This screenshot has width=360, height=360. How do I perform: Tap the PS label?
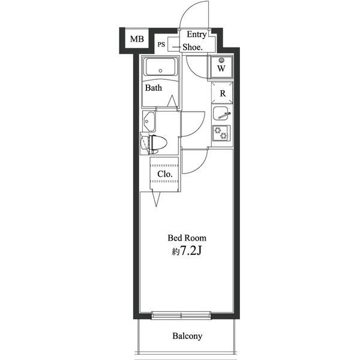pyautogui.click(x=161, y=44)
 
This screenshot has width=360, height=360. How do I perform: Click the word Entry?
pyautogui.click(x=197, y=34)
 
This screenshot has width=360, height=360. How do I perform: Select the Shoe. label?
pyautogui.click(x=193, y=47)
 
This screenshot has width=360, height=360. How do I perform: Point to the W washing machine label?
pyautogui.click(x=221, y=68)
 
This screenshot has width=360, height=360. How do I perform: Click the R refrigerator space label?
pyautogui.click(x=223, y=94)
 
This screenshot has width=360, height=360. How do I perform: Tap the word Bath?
pyautogui.click(x=154, y=88)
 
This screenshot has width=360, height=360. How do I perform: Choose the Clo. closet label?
pyautogui.click(x=165, y=174)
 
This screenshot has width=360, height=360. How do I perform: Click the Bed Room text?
pyautogui.click(x=187, y=238)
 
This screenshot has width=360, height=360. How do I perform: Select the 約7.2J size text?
pyautogui.click(x=187, y=251)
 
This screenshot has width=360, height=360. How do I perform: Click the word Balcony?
pyautogui.click(x=187, y=336)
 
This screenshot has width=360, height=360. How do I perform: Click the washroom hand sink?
pyautogui.click(x=149, y=121)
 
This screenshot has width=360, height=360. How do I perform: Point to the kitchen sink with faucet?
pyautogui.click(x=221, y=113)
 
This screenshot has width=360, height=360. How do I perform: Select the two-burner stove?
pyautogui.click(x=221, y=133)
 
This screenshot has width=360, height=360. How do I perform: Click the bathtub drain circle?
pyautogui.click(x=160, y=71)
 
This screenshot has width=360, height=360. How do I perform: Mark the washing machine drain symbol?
pyautogui.click(x=221, y=61)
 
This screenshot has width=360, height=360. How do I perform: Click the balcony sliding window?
pyautogui.click(x=181, y=315)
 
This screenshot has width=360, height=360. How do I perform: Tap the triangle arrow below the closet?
pyautogui.click(x=156, y=199)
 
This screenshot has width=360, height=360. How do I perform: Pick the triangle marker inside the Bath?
pyautogui.click(x=172, y=101)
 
